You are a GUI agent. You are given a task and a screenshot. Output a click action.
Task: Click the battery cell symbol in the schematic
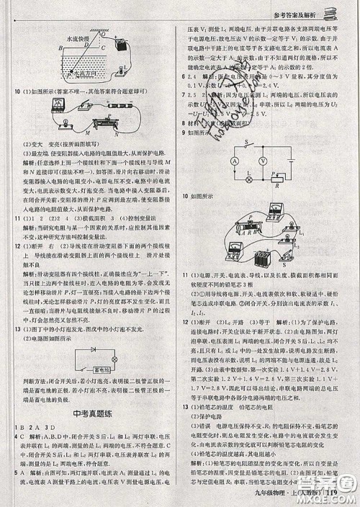[294, 160]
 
